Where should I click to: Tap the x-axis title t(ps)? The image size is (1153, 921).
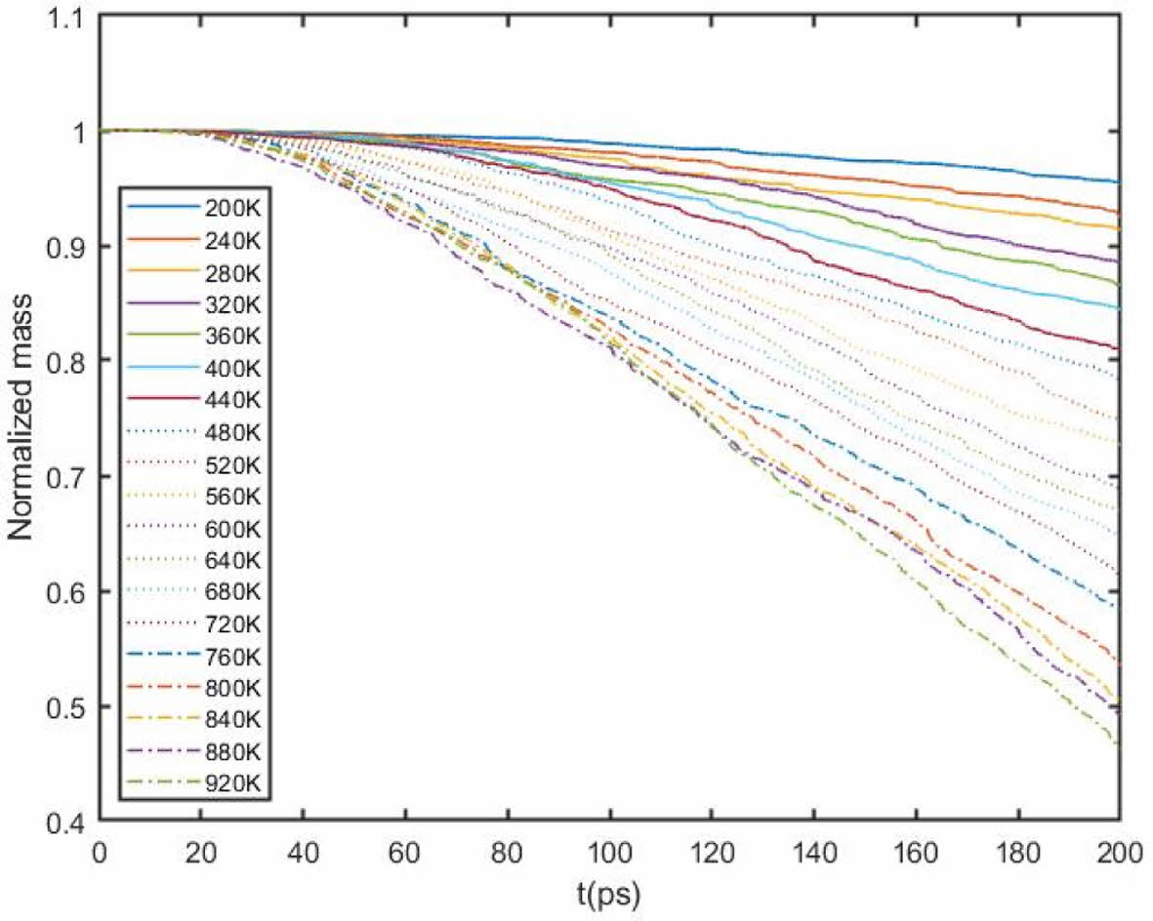[607, 893]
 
